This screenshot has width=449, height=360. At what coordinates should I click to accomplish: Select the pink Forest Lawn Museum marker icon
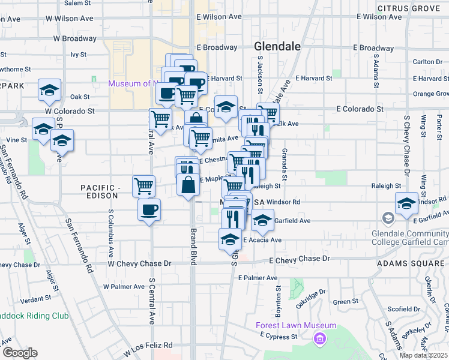tap(319, 339)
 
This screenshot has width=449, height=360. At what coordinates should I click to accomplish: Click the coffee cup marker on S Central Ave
tap(149, 211)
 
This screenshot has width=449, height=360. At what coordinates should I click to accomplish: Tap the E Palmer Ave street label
tap(258, 278)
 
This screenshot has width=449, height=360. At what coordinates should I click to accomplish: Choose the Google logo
tap(19, 353)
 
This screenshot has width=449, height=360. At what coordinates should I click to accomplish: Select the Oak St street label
tap(79, 97)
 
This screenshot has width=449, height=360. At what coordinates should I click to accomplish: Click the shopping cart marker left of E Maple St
tap(143, 187)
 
